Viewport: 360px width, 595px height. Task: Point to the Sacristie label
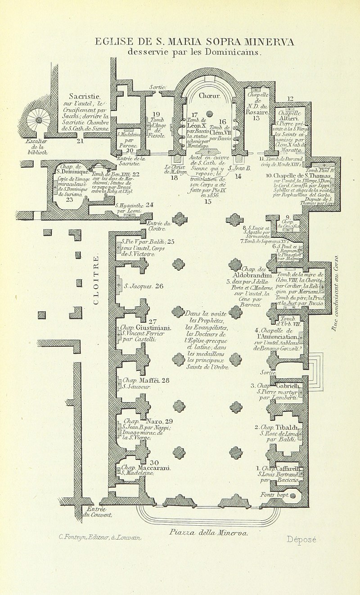tap(85, 96)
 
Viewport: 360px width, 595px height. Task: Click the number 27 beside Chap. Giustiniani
tap(153, 322)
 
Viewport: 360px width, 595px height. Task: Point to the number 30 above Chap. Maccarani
tap(154, 463)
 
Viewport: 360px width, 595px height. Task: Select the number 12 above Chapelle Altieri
tap(290, 98)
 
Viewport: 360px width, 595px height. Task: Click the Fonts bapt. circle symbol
tap(292, 496)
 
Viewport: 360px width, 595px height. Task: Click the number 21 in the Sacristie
tap(81, 141)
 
